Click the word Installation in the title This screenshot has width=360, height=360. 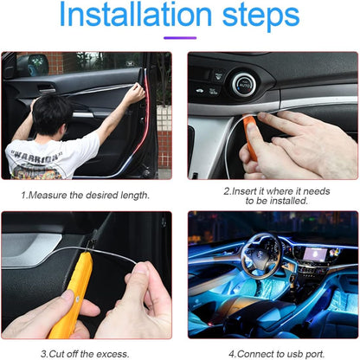click(142, 17)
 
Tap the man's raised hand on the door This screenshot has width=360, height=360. click(134, 94)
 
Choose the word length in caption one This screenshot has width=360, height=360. click(132, 196)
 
